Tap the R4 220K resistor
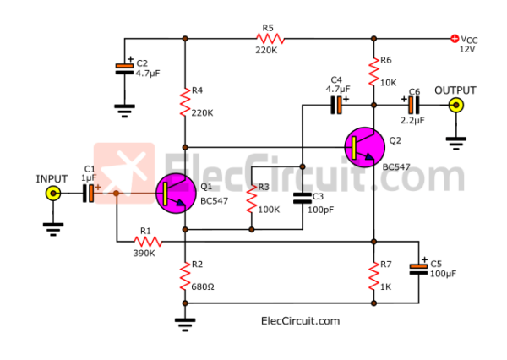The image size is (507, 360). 184,102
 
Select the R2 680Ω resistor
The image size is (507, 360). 184,275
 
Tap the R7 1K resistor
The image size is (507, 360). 373,275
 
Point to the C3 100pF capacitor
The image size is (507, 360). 302,198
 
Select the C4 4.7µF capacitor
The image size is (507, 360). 336,105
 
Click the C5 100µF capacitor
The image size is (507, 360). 418,269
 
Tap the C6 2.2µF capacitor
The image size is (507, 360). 412,105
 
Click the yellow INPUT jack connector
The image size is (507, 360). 52,194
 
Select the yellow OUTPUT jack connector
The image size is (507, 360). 456,105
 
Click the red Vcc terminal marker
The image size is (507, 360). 455,38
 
